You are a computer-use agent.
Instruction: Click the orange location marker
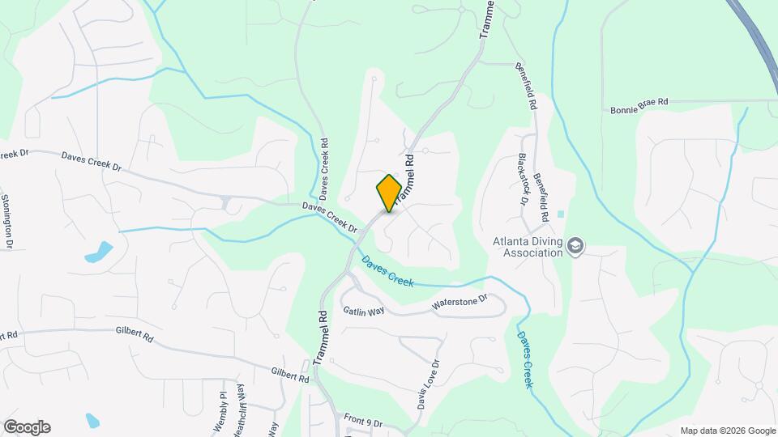click(x=389, y=193)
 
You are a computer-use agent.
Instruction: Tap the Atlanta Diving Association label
click(x=528, y=246)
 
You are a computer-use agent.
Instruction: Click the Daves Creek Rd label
click(x=324, y=168)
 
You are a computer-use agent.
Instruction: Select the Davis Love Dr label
click(x=428, y=384)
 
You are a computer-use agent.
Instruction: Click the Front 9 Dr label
click(x=362, y=423)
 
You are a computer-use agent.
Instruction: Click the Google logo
click(x=27, y=427)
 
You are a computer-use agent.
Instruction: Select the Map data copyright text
click(x=727, y=431)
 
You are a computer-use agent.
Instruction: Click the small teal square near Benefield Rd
click(x=561, y=214)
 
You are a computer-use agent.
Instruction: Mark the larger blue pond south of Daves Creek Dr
click(x=99, y=252)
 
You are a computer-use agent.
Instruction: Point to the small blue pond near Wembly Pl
click(x=92, y=420)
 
